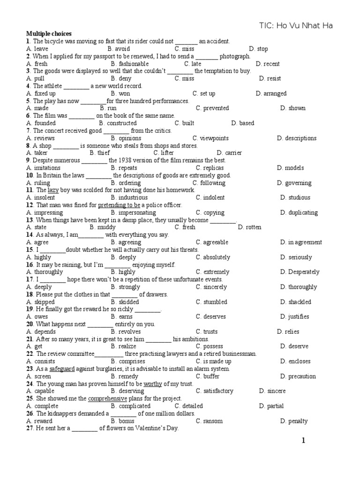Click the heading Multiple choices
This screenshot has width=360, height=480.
pyautogui.click(x=49, y=34)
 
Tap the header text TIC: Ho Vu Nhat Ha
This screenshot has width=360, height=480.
pyautogui.click(x=296, y=26)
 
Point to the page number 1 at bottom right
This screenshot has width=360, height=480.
pyautogui.click(x=303, y=441)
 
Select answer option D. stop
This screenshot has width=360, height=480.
pyautogui.click(x=259, y=49)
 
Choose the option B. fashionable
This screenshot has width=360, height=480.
pyautogui.click(x=130, y=64)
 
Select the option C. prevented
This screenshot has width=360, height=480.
pyautogui.click(x=212, y=108)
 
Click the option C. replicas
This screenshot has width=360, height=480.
pyautogui.click(x=210, y=168)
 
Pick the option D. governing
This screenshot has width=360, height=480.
pyautogui.click(x=294, y=183)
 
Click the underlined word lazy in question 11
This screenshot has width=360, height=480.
pyautogui.click(x=53, y=190)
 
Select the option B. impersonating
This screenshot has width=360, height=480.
pyautogui.click(x=133, y=213)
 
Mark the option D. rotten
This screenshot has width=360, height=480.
pyautogui.click(x=249, y=227)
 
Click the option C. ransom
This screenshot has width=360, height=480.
pyautogui.click(x=210, y=421)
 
